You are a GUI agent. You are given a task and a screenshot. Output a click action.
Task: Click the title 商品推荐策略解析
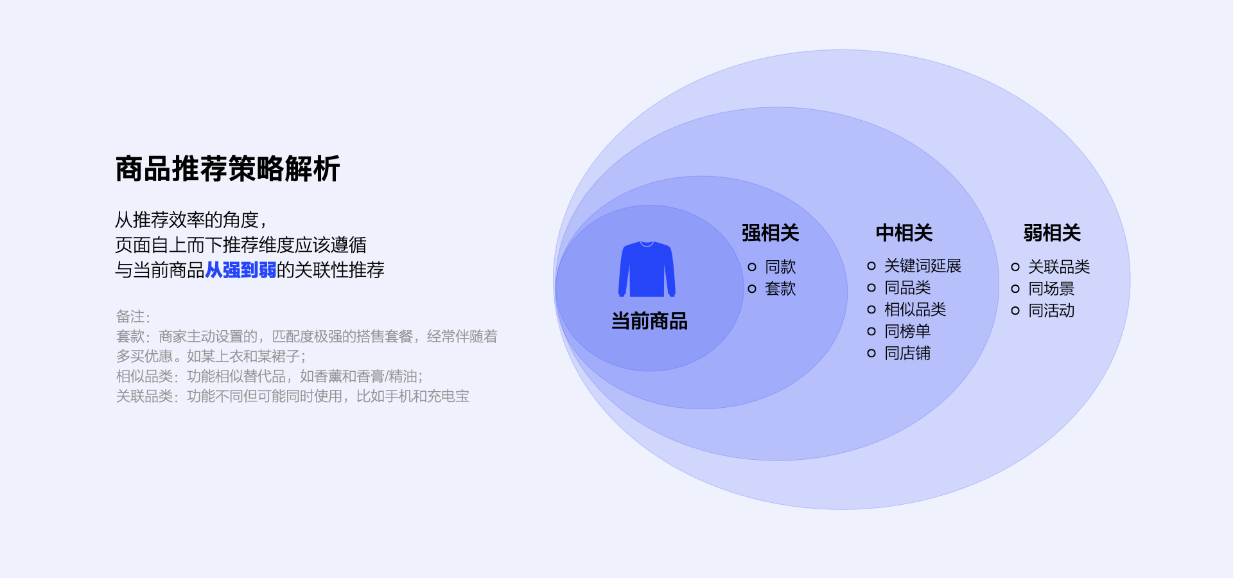click(x=227, y=169)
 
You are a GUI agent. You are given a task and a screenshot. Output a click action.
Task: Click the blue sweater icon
click(x=647, y=269)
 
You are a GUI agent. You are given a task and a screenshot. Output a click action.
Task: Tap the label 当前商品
click(x=649, y=320)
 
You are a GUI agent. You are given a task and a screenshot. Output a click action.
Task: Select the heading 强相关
click(x=770, y=232)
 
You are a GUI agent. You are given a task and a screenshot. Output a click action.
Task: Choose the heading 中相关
click(x=904, y=232)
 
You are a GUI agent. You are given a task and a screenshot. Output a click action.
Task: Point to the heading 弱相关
click(x=1052, y=232)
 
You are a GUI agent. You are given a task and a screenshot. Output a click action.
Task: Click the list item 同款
click(x=780, y=267)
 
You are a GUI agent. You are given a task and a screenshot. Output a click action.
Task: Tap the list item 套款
click(x=780, y=288)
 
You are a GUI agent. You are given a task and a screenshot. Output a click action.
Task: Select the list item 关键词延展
click(x=922, y=266)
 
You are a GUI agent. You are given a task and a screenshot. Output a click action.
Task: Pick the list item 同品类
click(x=907, y=288)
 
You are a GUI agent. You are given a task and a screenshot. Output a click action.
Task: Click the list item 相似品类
click(x=915, y=310)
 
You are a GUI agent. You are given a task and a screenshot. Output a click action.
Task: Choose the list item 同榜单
click(x=907, y=331)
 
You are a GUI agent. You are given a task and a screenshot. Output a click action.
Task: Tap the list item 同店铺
click(x=907, y=353)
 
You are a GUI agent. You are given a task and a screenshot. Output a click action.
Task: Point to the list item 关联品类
click(x=1059, y=267)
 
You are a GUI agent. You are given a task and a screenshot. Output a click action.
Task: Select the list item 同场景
click(x=1051, y=288)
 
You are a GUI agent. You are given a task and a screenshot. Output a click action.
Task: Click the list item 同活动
click(x=1051, y=310)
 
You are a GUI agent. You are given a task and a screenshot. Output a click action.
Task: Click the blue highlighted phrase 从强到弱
click(x=240, y=270)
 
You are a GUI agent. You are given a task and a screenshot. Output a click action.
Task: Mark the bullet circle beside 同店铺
click(x=871, y=353)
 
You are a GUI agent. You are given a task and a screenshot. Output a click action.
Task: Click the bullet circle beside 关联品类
click(x=1015, y=267)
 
